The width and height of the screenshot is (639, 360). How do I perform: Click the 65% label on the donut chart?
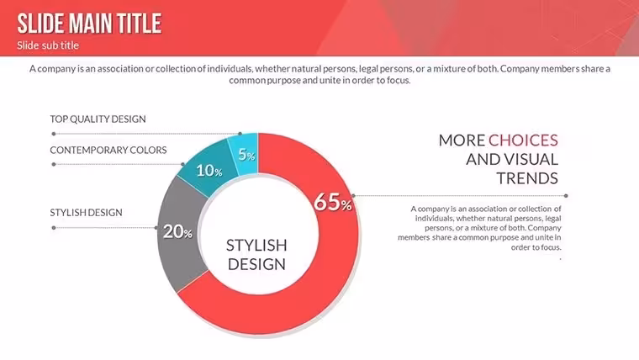pyautogui.click(x=333, y=202)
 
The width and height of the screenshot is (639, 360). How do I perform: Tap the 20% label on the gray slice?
pyautogui.click(x=177, y=231)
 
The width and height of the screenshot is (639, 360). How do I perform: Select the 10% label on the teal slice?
pyautogui.click(x=209, y=171)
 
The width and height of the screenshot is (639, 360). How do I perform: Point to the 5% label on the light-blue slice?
pyautogui.click(x=246, y=155)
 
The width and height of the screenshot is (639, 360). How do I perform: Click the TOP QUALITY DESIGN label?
pyautogui.click(x=98, y=119)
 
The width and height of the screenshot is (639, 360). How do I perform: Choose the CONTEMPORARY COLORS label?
pyautogui.click(x=108, y=150)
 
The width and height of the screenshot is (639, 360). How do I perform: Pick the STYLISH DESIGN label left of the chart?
pyautogui.click(x=86, y=213)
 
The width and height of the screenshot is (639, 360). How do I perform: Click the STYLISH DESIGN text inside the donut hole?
pyautogui.click(x=256, y=254)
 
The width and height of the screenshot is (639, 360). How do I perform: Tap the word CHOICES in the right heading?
pyautogui.click(x=523, y=140)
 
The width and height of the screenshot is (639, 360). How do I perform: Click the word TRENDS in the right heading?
pyautogui.click(x=527, y=178)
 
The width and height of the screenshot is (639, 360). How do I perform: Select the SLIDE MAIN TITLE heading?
pyautogui.click(x=89, y=24)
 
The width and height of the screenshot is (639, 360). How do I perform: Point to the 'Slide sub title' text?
pyautogui.click(x=48, y=45)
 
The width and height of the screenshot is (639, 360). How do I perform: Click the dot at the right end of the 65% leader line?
pyautogui.click(x=566, y=196)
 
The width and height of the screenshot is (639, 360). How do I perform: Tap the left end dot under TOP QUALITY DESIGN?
pyautogui.click(x=54, y=134)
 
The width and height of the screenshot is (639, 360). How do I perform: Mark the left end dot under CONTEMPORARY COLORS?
pyautogui.click(x=54, y=164)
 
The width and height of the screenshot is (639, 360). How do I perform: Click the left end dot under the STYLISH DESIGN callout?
pyautogui.click(x=54, y=228)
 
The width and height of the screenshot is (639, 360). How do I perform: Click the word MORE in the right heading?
pyautogui.click(x=462, y=140)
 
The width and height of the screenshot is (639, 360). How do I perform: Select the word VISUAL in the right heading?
pyautogui.click(x=532, y=160)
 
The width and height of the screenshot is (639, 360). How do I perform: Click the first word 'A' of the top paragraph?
pyautogui.click(x=32, y=68)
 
